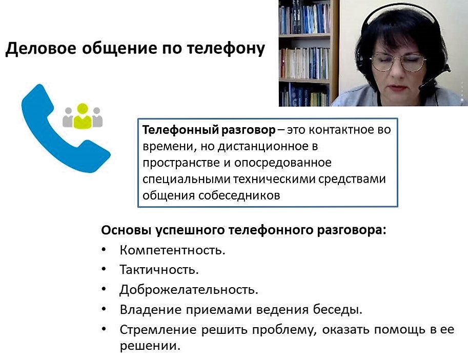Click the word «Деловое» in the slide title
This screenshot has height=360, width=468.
41,49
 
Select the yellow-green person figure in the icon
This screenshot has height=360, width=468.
83,116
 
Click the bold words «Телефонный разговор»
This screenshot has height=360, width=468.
209,130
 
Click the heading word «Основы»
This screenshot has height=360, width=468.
126,230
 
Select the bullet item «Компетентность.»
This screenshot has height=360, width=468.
173,250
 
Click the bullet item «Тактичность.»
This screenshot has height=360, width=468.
159,270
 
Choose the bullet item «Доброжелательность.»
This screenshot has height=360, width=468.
189,290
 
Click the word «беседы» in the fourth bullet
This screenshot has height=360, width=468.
338,310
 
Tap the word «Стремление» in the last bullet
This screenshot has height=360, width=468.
158,330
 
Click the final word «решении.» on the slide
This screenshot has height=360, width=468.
150,346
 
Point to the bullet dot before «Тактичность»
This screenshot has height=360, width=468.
104,269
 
